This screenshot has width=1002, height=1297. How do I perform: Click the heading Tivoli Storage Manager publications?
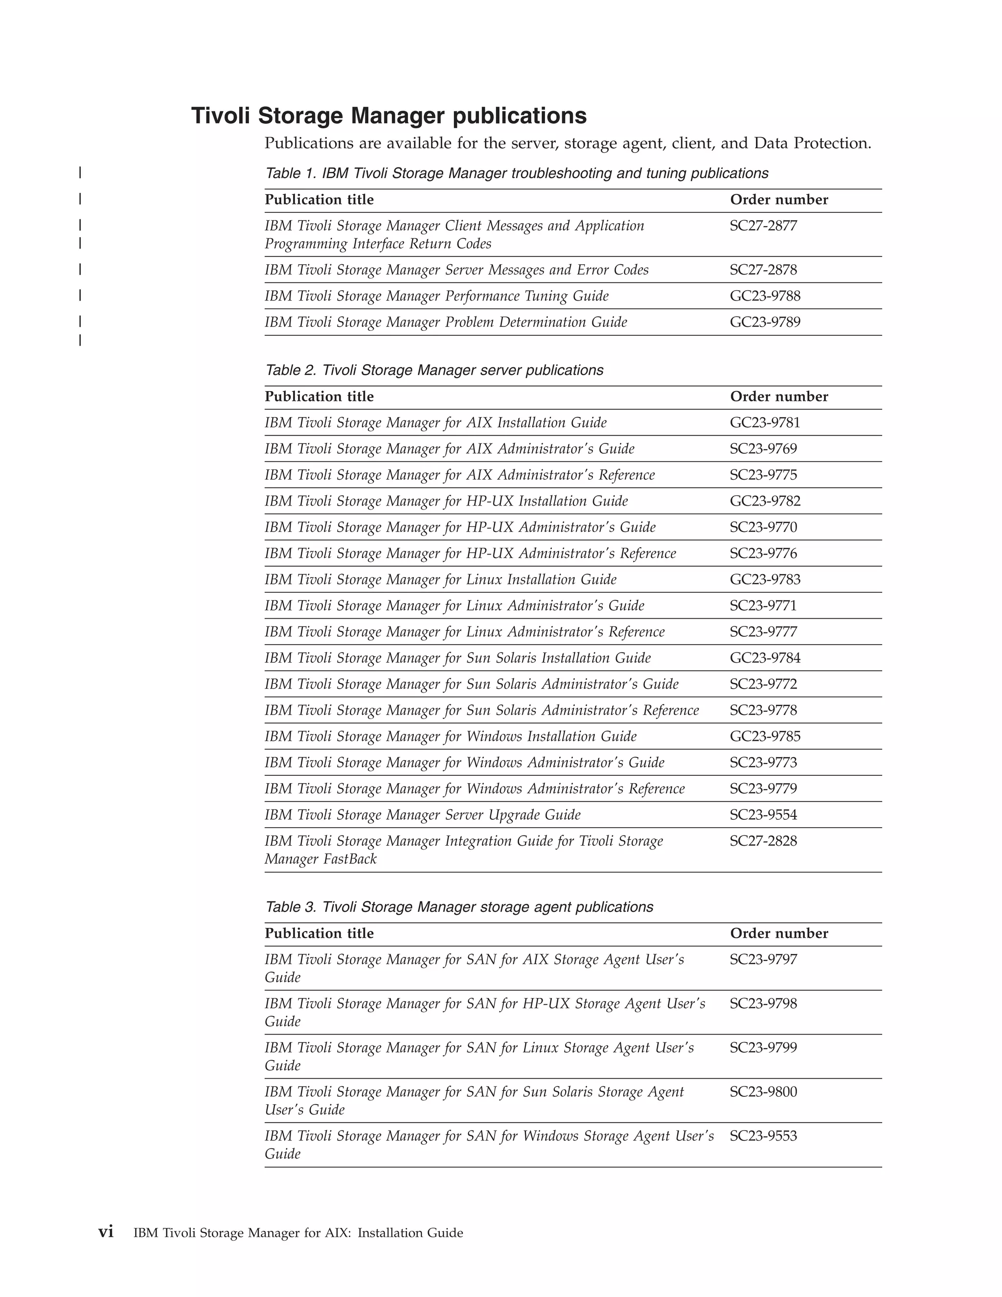coord(389,116)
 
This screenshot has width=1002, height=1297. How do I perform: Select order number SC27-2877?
coord(763,226)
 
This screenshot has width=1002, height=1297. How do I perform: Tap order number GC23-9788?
coord(765,296)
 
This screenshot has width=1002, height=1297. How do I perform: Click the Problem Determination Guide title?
coord(446,323)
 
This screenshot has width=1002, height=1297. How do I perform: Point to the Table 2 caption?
coord(434,370)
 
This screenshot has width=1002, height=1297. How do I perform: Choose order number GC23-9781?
coord(765,422)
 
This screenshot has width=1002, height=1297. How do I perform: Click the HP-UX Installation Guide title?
coord(446,501)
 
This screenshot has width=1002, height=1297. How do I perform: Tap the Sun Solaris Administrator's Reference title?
coord(481,710)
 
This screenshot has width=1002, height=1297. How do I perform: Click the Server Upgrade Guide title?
coord(423,815)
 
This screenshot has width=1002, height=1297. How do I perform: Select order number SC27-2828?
coord(763,841)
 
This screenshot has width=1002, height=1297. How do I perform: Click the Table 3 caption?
coord(459,907)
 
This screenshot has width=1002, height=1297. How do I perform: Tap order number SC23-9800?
coord(763,1091)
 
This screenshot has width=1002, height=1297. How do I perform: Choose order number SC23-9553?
coord(763,1135)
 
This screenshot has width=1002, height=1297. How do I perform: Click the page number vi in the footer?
coord(106,1232)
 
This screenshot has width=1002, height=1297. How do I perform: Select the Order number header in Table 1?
coord(779,200)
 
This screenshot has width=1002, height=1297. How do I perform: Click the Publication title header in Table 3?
coord(319,933)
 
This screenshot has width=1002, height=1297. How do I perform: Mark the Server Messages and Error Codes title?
coord(456,270)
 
